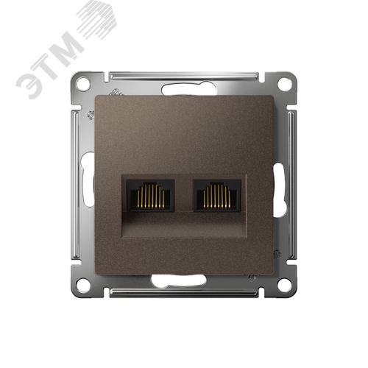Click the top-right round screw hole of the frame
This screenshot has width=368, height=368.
click(284, 84)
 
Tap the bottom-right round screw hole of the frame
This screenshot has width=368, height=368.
click(284, 283)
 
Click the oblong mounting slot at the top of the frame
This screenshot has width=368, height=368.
click(184, 89)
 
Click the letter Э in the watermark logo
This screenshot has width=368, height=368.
click(29, 85)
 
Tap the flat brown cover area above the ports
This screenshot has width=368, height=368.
click(184, 132)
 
